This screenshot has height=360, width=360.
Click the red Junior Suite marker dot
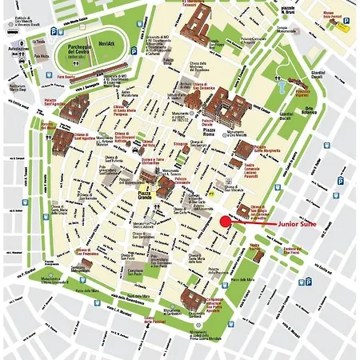coord(226,222)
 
